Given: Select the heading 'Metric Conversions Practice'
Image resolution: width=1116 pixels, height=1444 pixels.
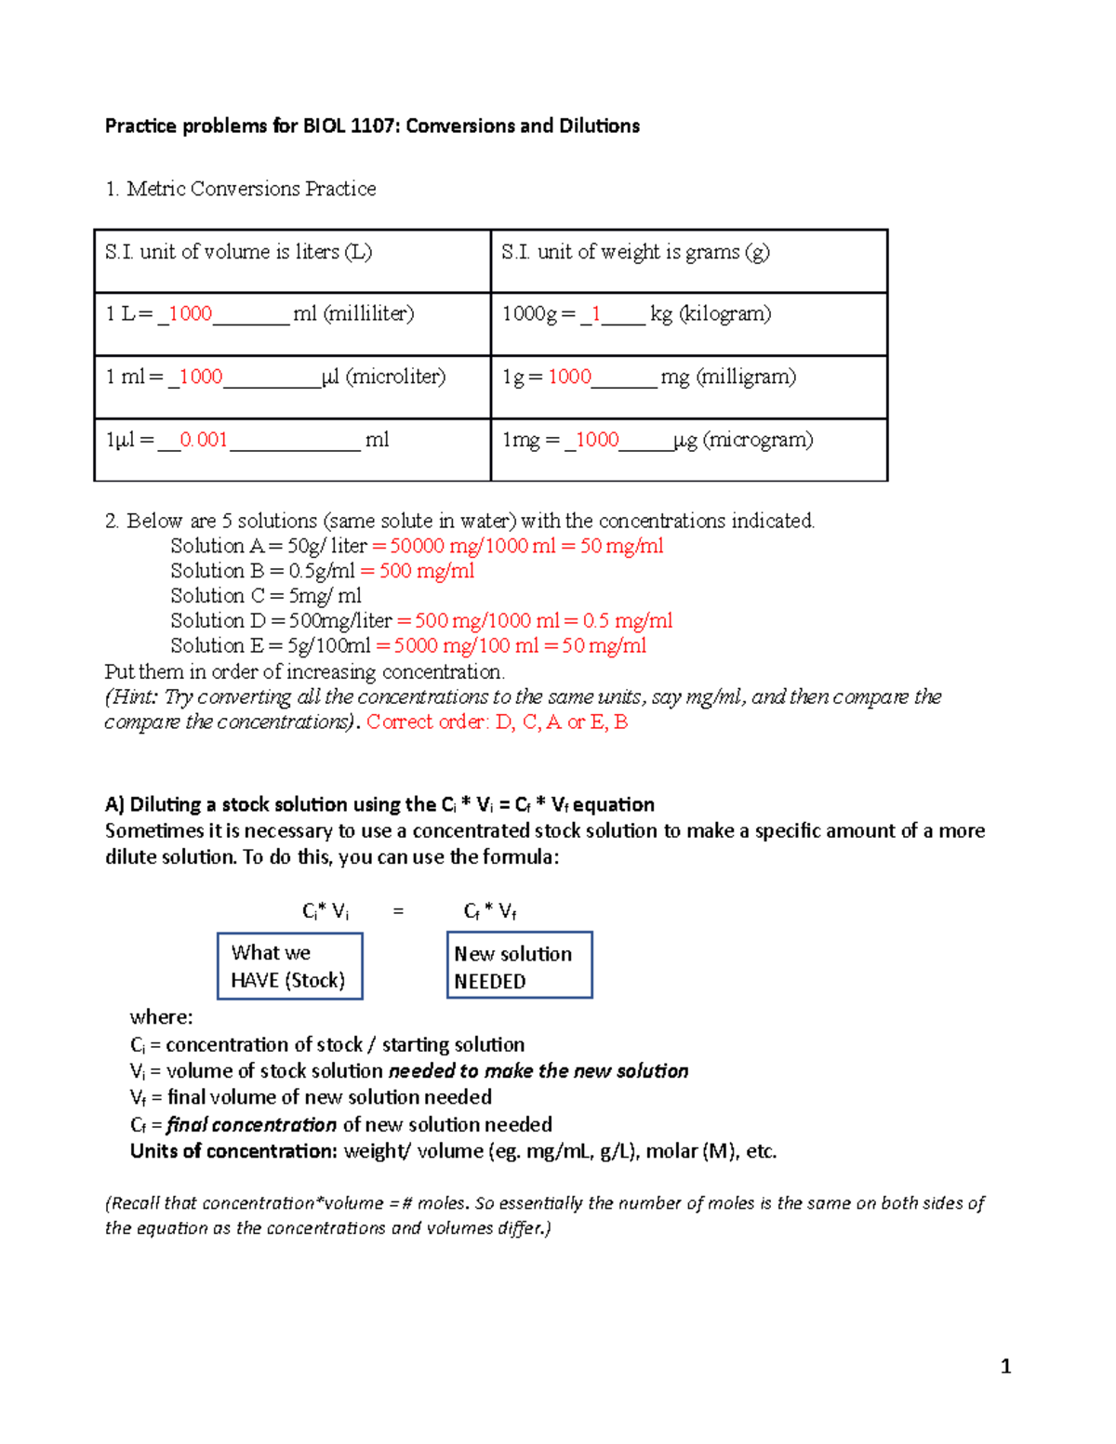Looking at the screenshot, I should [x=251, y=189].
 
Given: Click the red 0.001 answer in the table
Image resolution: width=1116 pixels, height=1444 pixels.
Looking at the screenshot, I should [x=204, y=440].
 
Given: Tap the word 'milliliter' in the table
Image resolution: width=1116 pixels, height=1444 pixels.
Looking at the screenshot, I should [x=368, y=314].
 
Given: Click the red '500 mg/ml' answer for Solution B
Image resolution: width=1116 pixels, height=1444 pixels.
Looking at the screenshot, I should [x=427, y=571].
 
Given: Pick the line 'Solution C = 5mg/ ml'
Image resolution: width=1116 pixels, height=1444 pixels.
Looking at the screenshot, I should [x=266, y=596].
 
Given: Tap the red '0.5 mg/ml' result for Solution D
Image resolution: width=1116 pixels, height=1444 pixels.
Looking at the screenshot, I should [x=628, y=621].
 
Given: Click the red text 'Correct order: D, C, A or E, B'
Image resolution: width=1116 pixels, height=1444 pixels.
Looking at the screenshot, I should [x=498, y=722].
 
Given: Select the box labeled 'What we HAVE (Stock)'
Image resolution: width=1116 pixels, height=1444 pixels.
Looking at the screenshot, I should [x=289, y=967].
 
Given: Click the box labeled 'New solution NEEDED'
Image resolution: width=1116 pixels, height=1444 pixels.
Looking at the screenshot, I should [x=519, y=967].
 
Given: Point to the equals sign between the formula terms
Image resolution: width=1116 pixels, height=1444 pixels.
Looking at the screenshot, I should [x=398, y=912].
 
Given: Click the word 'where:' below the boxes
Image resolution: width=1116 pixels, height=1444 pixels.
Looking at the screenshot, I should [x=162, y=1017].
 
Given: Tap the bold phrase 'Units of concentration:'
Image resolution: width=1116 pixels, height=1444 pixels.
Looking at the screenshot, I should [x=233, y=1151].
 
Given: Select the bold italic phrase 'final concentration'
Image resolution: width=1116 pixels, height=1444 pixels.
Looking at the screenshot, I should [x=252, y=1125].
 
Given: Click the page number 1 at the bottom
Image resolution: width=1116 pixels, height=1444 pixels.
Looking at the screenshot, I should [x=1005, y=1366].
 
